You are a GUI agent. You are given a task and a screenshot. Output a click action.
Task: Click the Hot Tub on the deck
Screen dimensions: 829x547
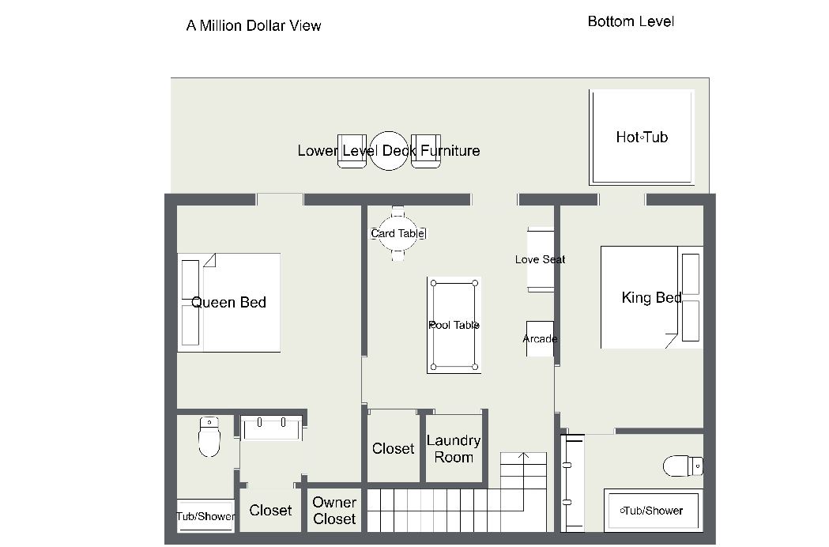pos(642,137)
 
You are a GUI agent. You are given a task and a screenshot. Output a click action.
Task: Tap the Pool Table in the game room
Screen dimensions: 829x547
pos(454,325)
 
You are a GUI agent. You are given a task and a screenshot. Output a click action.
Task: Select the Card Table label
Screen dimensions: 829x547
pos(398,233)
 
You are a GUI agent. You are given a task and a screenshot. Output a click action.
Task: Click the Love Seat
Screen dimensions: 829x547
pos(541,259)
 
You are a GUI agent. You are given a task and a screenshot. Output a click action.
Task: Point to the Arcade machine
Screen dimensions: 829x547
pos(540,338)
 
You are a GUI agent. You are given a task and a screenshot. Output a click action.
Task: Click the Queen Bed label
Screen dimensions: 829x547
pos(228,303)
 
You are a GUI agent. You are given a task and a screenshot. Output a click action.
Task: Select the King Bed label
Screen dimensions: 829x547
pos(651,297)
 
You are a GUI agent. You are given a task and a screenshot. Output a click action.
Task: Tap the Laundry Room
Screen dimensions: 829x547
pos(454,449)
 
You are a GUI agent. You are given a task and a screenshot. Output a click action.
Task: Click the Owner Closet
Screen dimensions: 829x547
pos(334,511)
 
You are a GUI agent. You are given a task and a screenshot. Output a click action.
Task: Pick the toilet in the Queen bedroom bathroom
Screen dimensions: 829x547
pos(209,436)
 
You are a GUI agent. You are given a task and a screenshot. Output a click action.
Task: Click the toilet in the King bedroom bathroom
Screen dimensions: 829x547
pos(683,466)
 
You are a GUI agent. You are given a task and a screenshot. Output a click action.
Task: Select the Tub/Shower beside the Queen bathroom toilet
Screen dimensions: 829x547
pos(205,516)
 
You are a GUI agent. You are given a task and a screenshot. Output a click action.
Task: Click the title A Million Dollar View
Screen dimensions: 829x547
pos(254,25)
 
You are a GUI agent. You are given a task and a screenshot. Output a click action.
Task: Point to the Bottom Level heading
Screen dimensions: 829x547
pos(631,21)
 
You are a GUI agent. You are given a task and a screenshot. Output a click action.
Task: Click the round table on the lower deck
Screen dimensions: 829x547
pos(389,151)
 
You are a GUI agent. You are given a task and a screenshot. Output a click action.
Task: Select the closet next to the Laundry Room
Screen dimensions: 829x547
pos(393,448)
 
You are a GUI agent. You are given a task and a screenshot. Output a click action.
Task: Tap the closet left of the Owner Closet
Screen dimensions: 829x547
pos(270,510)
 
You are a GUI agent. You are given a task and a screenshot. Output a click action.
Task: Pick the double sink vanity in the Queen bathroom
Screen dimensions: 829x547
pos(271,428)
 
